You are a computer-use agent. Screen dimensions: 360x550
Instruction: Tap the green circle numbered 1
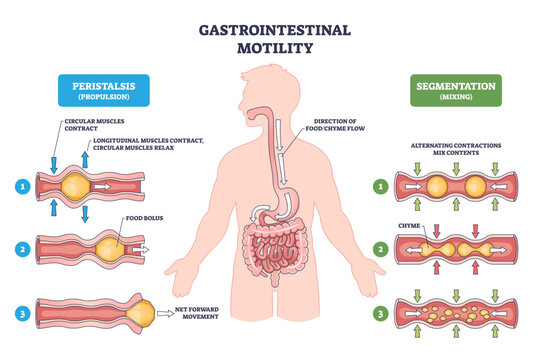coord(379,184)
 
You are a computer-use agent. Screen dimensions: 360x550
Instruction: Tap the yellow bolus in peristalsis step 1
coord(74,185)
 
